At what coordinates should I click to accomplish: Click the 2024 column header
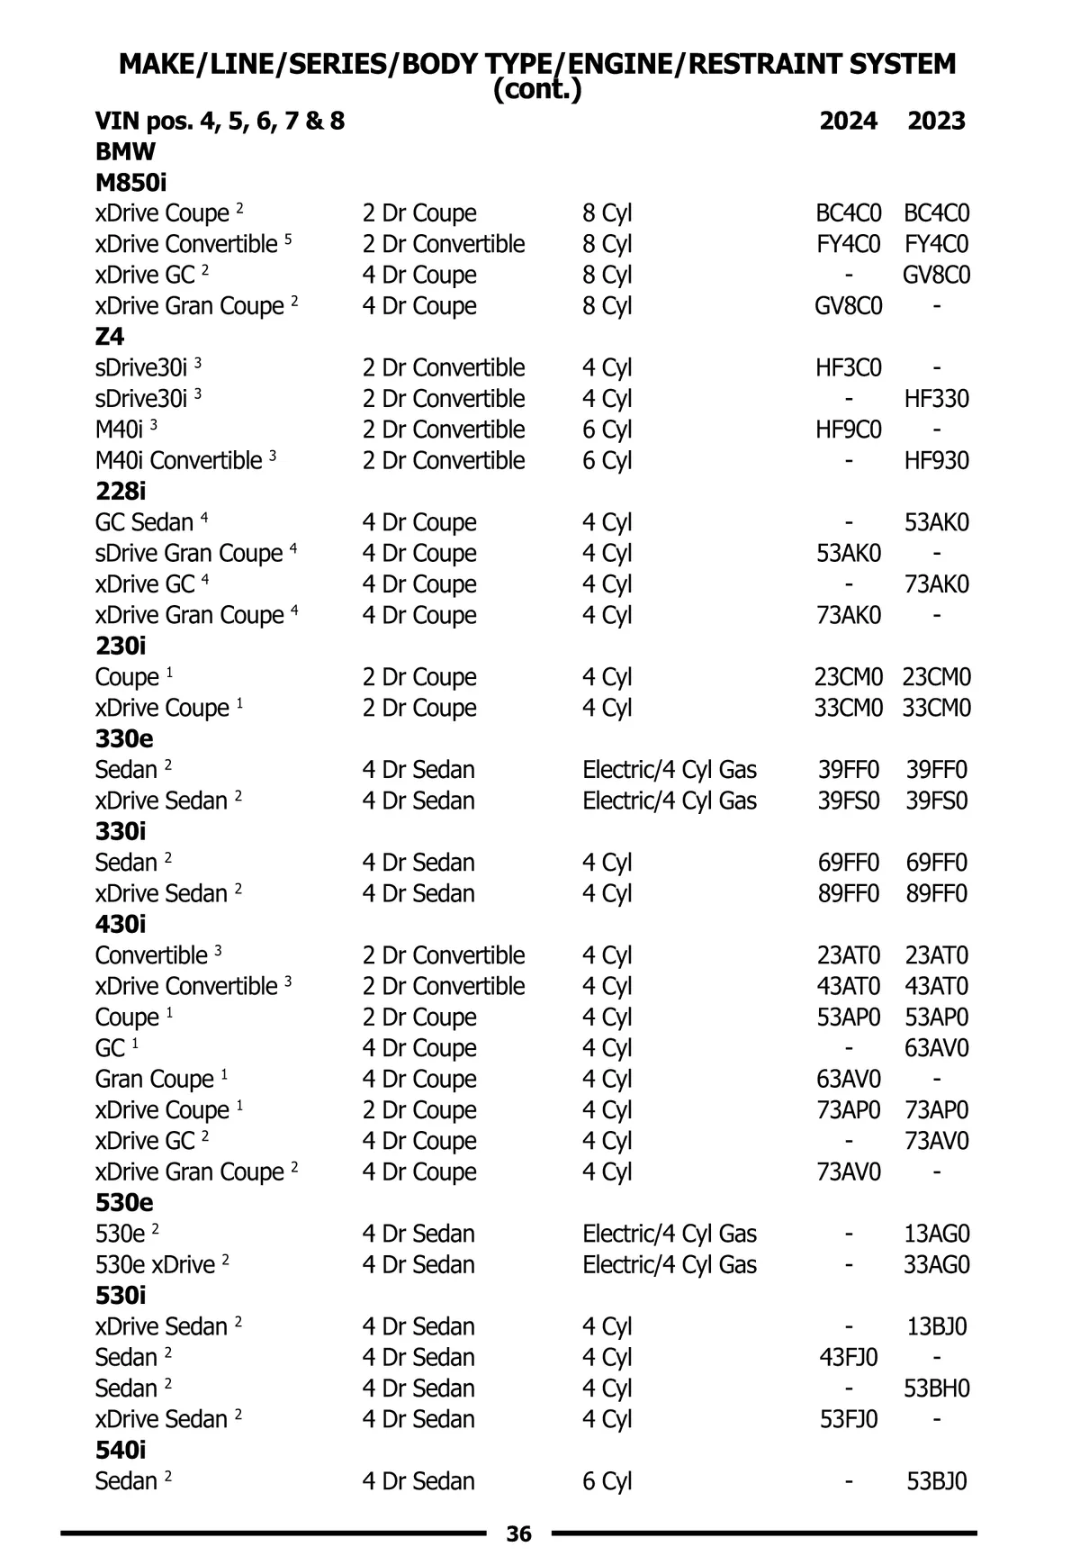[x=848, y=121]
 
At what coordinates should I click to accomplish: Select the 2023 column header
[x=936, y=121]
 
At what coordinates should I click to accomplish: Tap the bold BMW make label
[x=125, y=151]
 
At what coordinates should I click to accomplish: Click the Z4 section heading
[x=110, y=337]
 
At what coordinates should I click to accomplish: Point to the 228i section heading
[x=121, y=492]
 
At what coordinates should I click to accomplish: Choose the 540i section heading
[x=121, y=1450]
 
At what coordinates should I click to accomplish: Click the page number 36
[x=519, y=1533]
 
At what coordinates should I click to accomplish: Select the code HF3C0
[x=849, y=367]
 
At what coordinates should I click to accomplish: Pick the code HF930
[x=937, y=461]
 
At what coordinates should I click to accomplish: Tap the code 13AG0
[x=937, y=1234]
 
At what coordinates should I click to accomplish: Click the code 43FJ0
[x=849, y=1357]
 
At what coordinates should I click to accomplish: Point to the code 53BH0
[x=937, y=1389]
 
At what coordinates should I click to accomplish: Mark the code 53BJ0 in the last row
[x=937, y=1481]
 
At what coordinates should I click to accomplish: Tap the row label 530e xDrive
[x=156, y=1264]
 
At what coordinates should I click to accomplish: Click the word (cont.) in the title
[x=537, y=90]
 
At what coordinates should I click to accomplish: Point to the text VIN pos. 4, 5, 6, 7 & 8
[x=220, y=121]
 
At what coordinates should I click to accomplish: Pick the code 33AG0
[x=937, y=1264]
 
